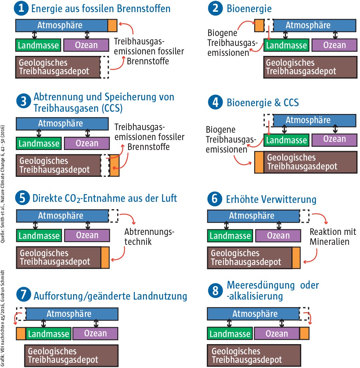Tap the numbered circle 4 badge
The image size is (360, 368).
[213, 102]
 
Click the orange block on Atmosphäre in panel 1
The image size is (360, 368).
[112, 25]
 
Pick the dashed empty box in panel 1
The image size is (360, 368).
[105, 67]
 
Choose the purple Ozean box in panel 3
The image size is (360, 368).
[87, 143]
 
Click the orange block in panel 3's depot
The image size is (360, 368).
[115, 165]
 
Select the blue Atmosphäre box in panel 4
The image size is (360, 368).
[314, 120]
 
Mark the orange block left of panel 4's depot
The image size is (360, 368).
[259, 162]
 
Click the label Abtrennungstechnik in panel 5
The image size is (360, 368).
[149, 237]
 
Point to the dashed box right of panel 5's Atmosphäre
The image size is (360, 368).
[114, 216]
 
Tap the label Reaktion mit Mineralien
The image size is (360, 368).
[333, 237]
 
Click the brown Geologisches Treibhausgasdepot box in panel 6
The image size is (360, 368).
[250, 257]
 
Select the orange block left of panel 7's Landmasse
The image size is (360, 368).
[21, 333]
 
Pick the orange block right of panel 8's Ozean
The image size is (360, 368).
[305, 333]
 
